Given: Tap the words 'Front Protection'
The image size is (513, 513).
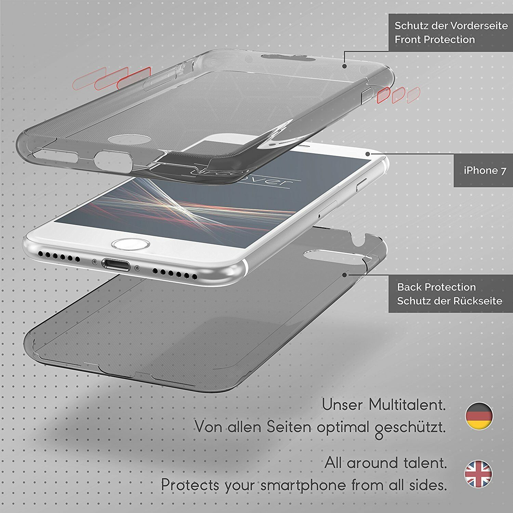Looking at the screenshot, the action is coord(435,40).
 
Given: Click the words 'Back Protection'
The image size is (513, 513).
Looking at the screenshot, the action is coord(436,287).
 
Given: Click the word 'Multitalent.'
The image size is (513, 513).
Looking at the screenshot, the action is coord(407,405).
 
